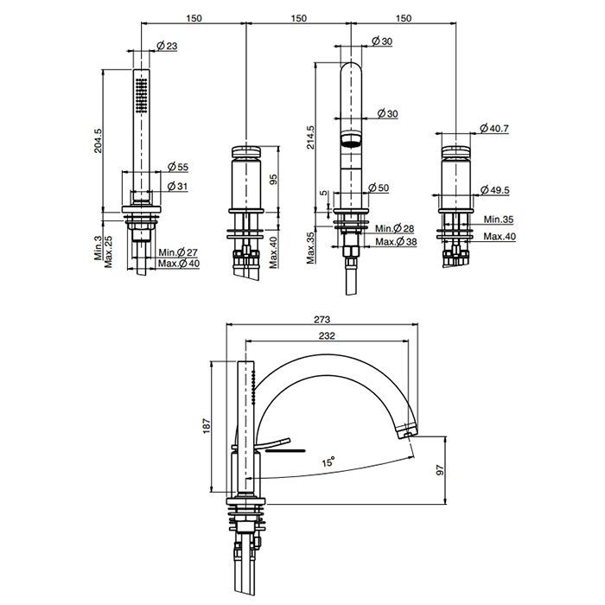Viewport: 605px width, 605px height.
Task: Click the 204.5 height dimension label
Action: pos(98,141)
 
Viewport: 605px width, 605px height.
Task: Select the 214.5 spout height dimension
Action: pos(310,137)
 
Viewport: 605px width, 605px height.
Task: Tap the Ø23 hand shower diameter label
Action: pos(167,46)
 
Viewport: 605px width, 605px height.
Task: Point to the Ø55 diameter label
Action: pos(178,167)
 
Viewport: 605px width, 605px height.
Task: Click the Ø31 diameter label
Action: pos(177,187)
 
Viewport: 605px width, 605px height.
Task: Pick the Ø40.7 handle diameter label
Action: pos(494,128)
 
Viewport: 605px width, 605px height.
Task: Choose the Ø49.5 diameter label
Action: pos(494,190)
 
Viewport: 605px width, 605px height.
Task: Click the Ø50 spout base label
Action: pos(379,188)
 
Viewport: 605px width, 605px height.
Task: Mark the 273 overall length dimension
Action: pos(322,320)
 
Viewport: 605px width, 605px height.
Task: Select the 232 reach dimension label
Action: pos(327,335)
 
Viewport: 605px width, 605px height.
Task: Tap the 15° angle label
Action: pos(328,462)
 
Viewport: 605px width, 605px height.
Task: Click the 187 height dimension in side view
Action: pos(207,426)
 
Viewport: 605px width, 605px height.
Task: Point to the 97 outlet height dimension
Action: pos(440,470)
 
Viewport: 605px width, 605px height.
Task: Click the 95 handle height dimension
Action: pos(273,180)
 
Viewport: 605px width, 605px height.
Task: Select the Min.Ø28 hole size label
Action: pos(395,228)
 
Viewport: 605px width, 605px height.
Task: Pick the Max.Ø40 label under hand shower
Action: pos(179,264)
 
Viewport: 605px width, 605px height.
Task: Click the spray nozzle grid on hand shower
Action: pos(141,96)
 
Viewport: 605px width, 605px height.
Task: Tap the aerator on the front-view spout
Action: pos(351,139)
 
